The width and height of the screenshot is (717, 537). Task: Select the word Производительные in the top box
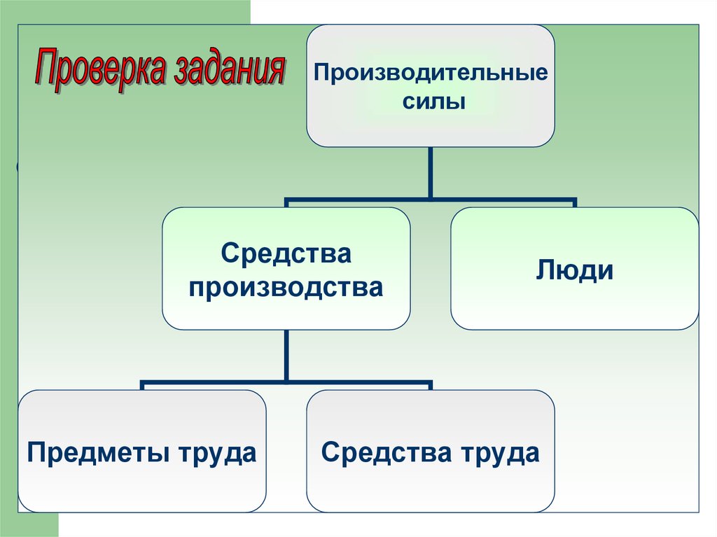tap(431, 74)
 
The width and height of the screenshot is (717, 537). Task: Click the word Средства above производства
tap(286, 253)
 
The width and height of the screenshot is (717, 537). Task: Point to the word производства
tap(286, 288)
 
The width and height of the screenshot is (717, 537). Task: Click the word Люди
tap(575, 270)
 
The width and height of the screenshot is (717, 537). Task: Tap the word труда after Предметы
tap(217, 453)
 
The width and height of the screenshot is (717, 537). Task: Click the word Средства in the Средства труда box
tap(387, 452)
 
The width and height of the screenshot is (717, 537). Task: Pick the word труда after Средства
tap(500, 453)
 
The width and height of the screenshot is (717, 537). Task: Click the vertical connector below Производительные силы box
tap(431, 173)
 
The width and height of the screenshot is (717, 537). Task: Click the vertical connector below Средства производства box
tap(286, 356)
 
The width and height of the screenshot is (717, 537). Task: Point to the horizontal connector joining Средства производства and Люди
tap(431, 201)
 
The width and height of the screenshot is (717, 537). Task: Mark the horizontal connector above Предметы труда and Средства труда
tap(286, 382)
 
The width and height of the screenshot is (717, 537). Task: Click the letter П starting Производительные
tap(323, 74)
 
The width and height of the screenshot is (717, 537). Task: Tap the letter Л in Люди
tap(546, 270)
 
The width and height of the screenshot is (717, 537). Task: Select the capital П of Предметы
tap(37, 452)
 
